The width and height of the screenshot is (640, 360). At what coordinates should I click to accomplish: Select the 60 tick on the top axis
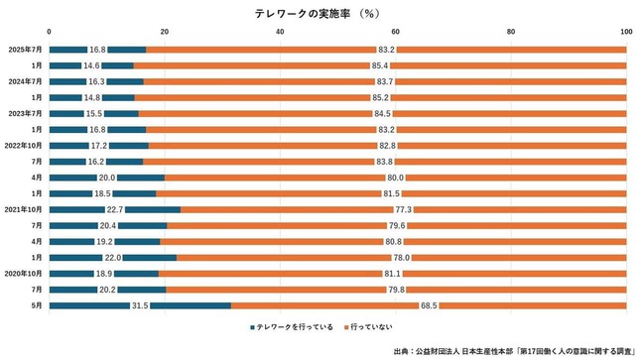click(x=396, y=33)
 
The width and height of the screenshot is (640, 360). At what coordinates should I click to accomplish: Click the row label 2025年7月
click(x=25, y=50)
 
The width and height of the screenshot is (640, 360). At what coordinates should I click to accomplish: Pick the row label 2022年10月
click(x=23, y=146)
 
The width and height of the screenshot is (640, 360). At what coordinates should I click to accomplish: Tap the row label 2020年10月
click(x=23, y=274)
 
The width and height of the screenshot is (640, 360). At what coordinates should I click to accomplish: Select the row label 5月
click(x=36, y=305)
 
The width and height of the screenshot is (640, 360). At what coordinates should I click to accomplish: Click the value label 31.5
click(x=139, y=305)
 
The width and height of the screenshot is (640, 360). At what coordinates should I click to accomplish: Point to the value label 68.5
click(x=429, y=305)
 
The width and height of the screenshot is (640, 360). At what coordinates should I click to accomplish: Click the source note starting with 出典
click(x=517, y=350)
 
